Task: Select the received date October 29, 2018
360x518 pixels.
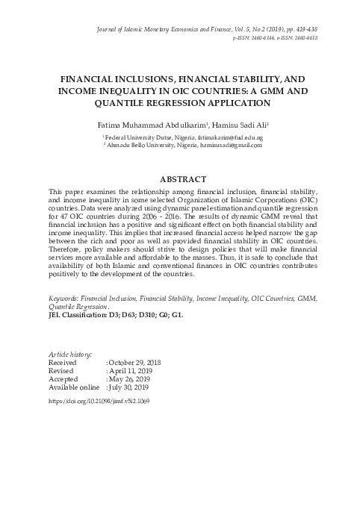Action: coord(135,363)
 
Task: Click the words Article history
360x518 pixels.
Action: coord(69,354)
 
